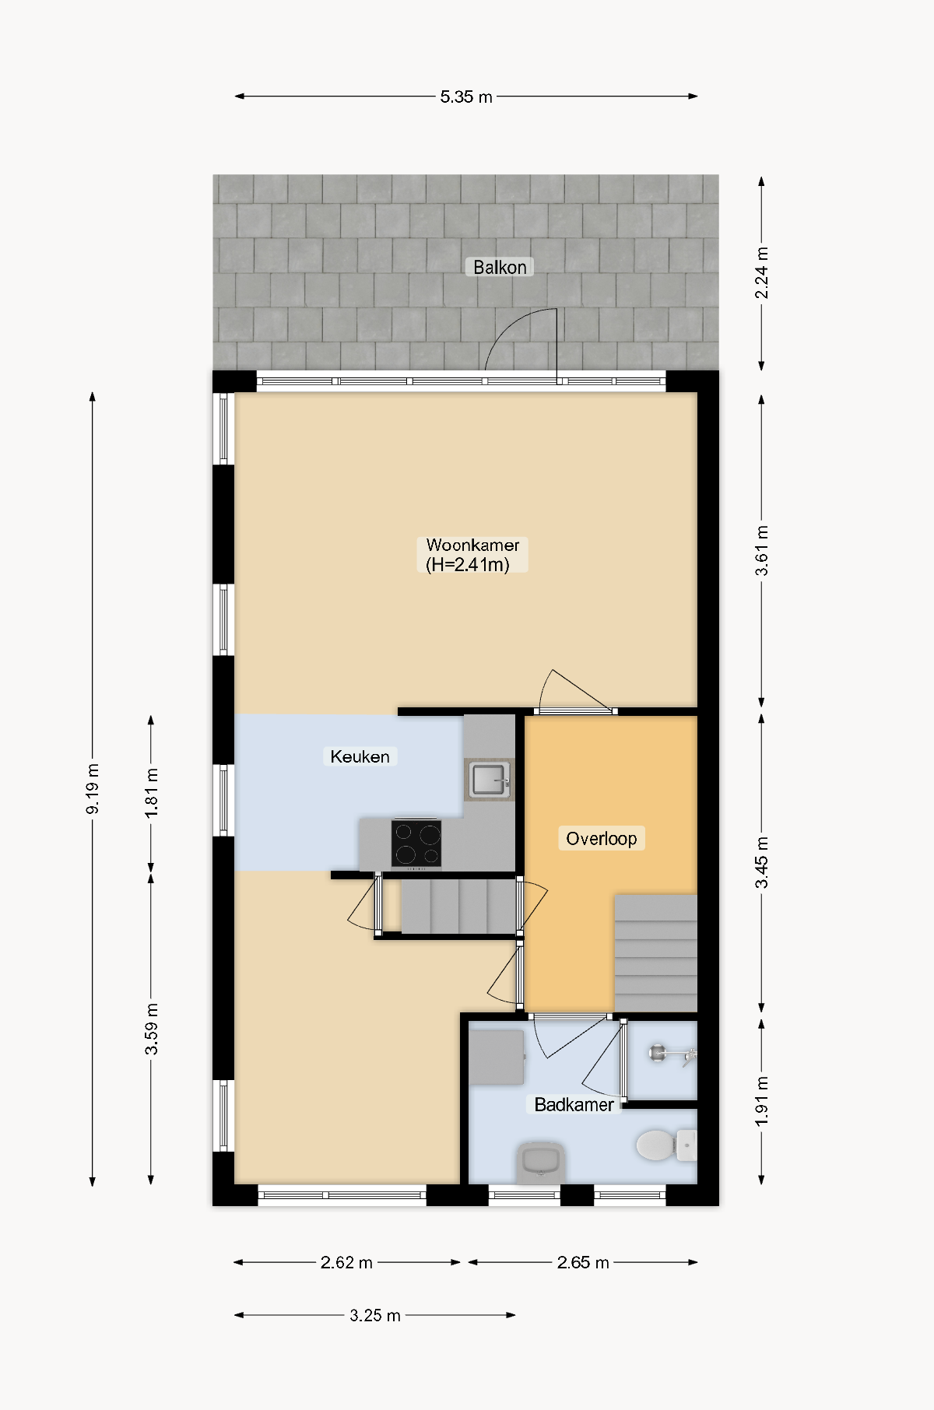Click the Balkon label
click(500, 267)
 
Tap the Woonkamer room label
click(472, 555)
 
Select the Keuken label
click(360, 756)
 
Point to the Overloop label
click(601, 838)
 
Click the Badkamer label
click(574, 1104)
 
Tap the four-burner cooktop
click(416, 844)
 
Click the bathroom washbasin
click(541, 1162)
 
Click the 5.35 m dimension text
click(466, 96)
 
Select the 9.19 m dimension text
click(93, 789)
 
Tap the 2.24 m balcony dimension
click(762, 272)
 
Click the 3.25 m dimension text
click(374, 1315)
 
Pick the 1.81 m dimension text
click(151, 793)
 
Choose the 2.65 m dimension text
click(583, 1262)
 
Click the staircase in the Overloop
click(655, 953)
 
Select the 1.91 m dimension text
click(762, 1100)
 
